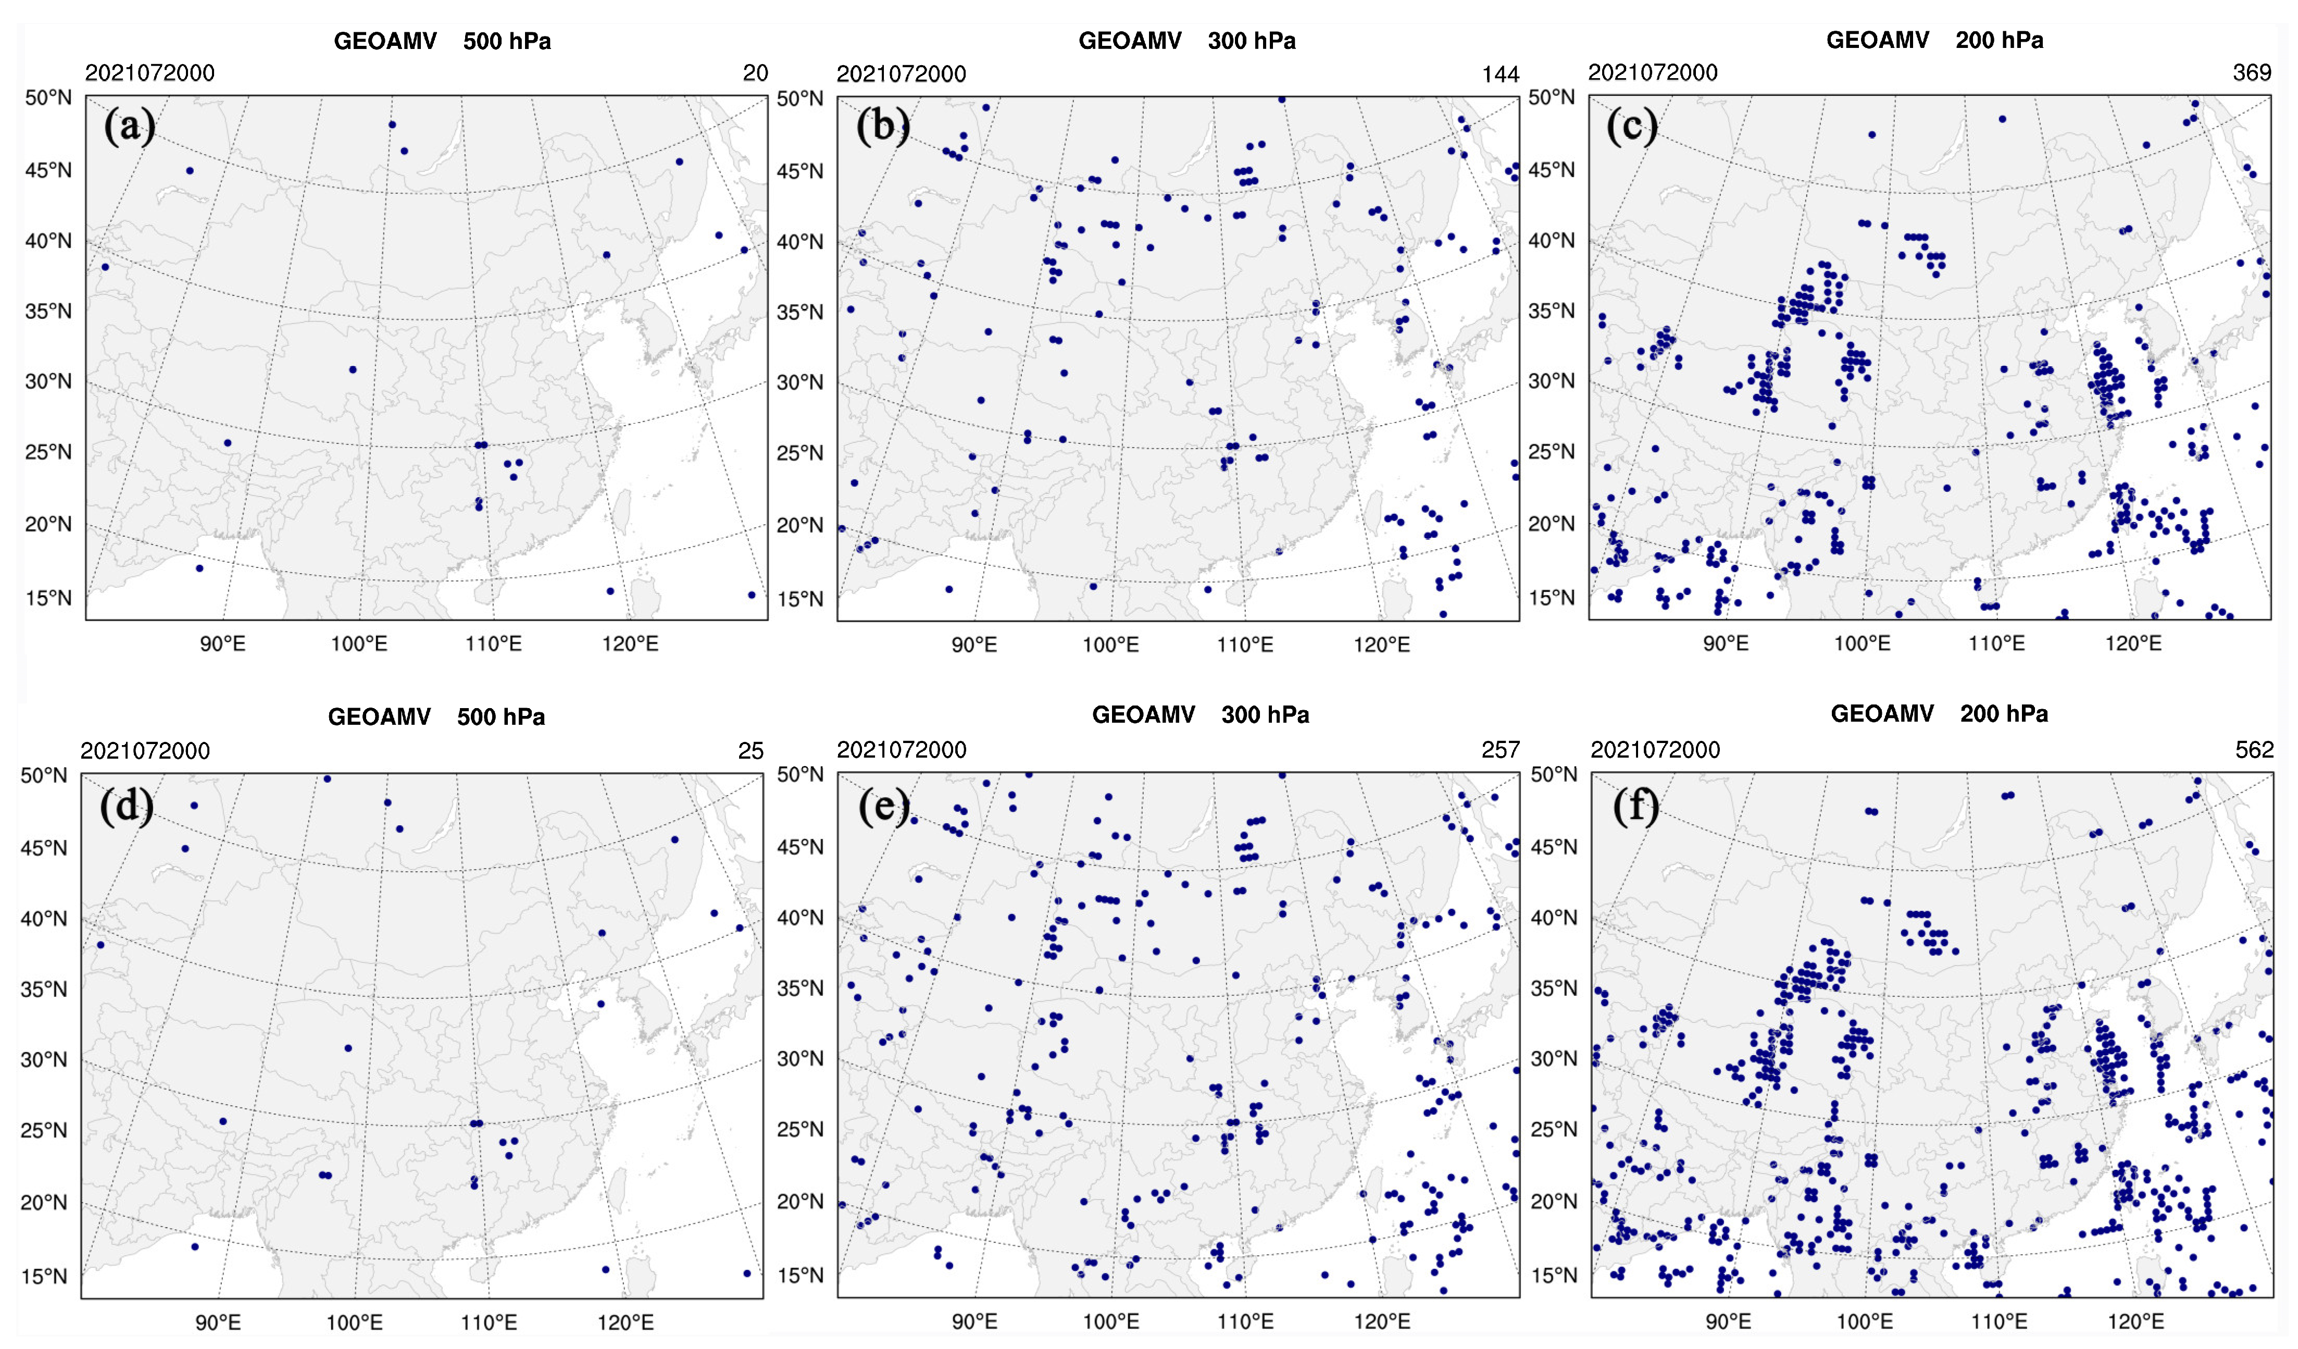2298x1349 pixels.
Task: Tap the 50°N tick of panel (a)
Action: (x=47, y=97)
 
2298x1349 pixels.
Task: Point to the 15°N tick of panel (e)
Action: (x=800, y=1275)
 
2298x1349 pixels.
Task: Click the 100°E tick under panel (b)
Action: (x=1110, y=646)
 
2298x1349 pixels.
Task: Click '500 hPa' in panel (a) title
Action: (x=506, y=41)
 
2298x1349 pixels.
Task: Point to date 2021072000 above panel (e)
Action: (x=901, y=750)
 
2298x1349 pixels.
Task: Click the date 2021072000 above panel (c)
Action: (x=1652, y=73)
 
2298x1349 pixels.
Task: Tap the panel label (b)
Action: (x=882, y=126)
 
